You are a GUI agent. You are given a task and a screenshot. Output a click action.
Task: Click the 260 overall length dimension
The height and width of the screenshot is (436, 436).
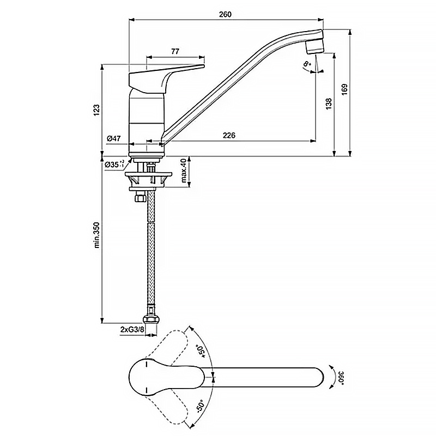pos(225,15)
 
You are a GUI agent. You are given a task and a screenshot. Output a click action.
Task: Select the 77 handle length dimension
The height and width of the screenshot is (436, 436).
pos(175,51)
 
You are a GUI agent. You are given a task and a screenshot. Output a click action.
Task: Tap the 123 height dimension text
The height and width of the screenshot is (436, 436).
pos(96,110)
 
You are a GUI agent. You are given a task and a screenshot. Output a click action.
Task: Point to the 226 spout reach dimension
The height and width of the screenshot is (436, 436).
pos(229,136)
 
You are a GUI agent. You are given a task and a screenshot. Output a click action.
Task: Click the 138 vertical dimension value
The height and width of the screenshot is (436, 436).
pos(328,105)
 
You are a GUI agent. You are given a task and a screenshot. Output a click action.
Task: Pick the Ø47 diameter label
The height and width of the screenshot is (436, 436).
pos(113,139)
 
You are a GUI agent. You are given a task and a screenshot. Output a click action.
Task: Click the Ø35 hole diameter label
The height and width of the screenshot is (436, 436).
pos(112,164)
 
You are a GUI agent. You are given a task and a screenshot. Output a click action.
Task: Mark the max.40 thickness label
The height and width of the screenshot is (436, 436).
pos(185,171)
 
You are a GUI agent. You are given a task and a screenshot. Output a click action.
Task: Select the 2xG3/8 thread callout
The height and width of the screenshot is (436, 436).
pos(132,329)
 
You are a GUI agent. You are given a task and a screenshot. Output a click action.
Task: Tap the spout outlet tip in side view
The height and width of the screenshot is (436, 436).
pos(314,48)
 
